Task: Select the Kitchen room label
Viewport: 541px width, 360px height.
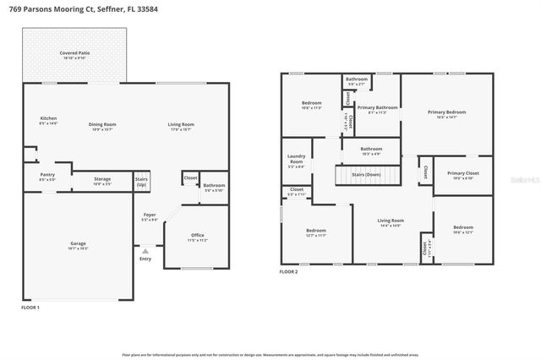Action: (x=48, y=120)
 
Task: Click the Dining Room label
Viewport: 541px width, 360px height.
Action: (x=102, y=126)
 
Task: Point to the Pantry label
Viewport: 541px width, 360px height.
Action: (x=47, y=177)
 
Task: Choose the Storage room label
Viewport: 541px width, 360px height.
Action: (x=102, y=180)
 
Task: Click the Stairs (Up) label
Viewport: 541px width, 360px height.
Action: (x=142, y=182)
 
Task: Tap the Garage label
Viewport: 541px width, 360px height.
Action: (x=78, y=246)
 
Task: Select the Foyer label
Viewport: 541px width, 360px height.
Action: (x=149, y=217)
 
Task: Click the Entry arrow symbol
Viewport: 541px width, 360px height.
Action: (x=146, y=250)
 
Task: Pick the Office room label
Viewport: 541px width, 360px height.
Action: (x=197, y=237)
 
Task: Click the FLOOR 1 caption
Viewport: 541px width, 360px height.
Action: (x=30, y=308)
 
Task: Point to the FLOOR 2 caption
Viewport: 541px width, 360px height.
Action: (x=291, y=272)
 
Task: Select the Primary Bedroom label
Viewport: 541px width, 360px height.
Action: (x=446, y=113)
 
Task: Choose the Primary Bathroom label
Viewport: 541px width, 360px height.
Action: (x=377, y=109)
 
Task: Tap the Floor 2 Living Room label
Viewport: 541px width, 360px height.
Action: (x=391, y=222)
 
